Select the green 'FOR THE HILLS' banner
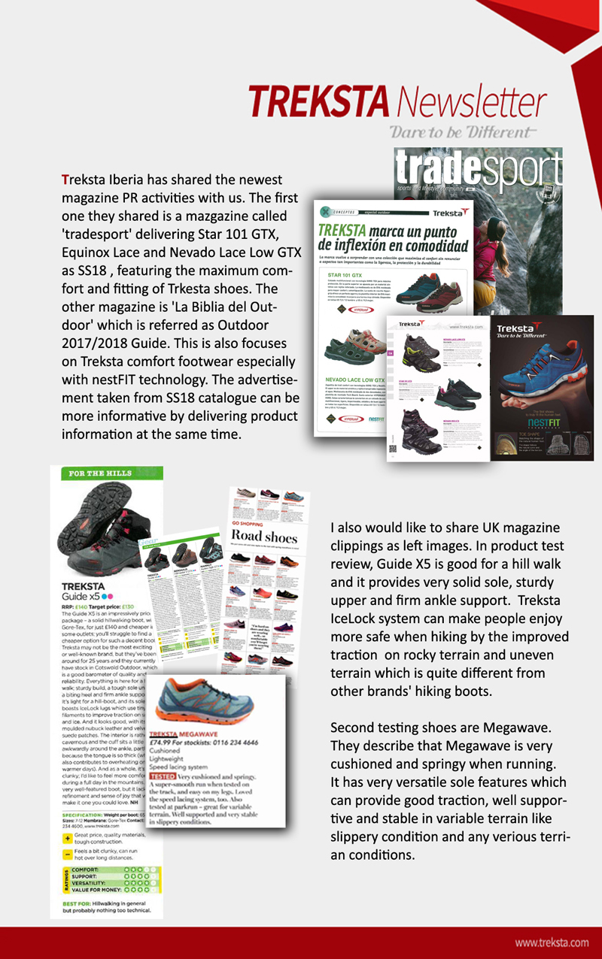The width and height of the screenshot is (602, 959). click(x=99, y=473)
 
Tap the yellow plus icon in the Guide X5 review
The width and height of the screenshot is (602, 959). click(x=68, y=836)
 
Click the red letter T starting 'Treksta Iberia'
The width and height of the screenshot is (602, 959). click(x=65, y=180)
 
